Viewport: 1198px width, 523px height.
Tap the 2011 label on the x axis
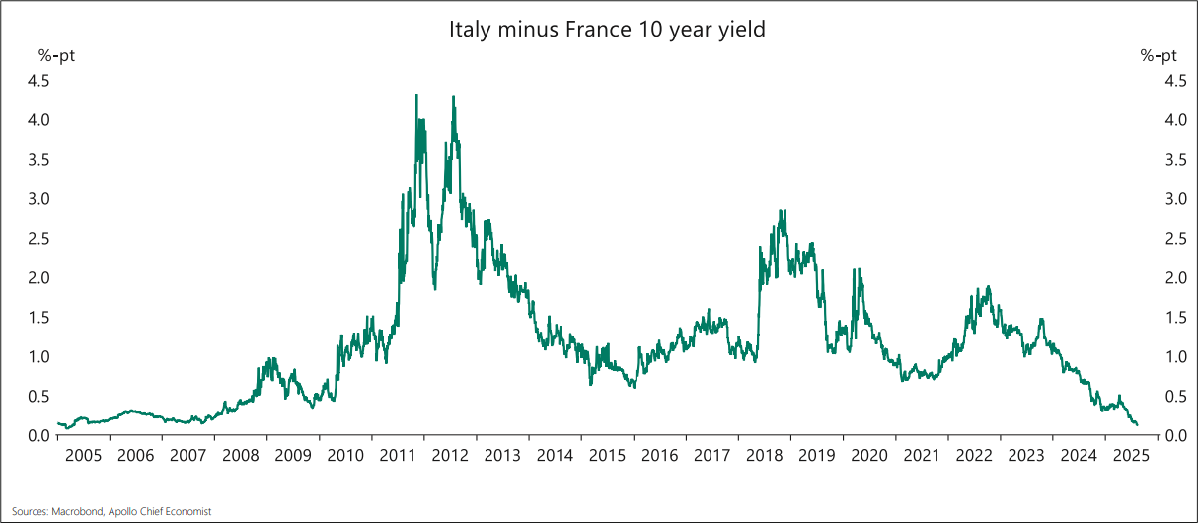tap(397, 456)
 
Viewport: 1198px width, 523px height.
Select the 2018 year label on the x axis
tap(764, 456)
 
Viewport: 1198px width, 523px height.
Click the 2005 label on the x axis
tap(83, 456)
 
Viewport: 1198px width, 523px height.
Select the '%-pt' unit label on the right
tap(1160, 56)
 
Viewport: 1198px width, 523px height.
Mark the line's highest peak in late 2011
tap(415, 95)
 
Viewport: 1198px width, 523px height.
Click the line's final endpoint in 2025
tap(1137, 425)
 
